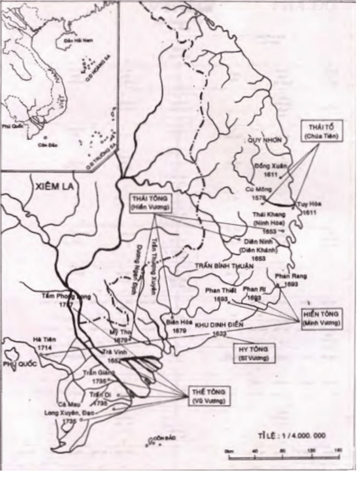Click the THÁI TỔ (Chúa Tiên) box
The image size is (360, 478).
tap(318, 130)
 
